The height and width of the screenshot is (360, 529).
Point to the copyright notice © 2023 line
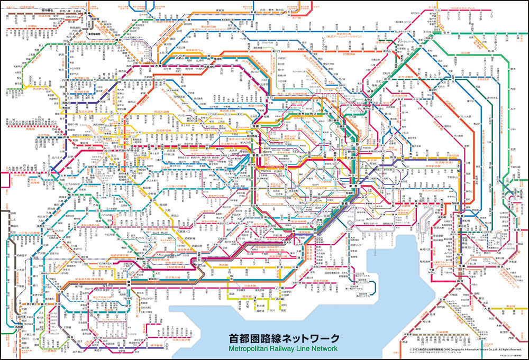pyautogui.click(x=466, y=350)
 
